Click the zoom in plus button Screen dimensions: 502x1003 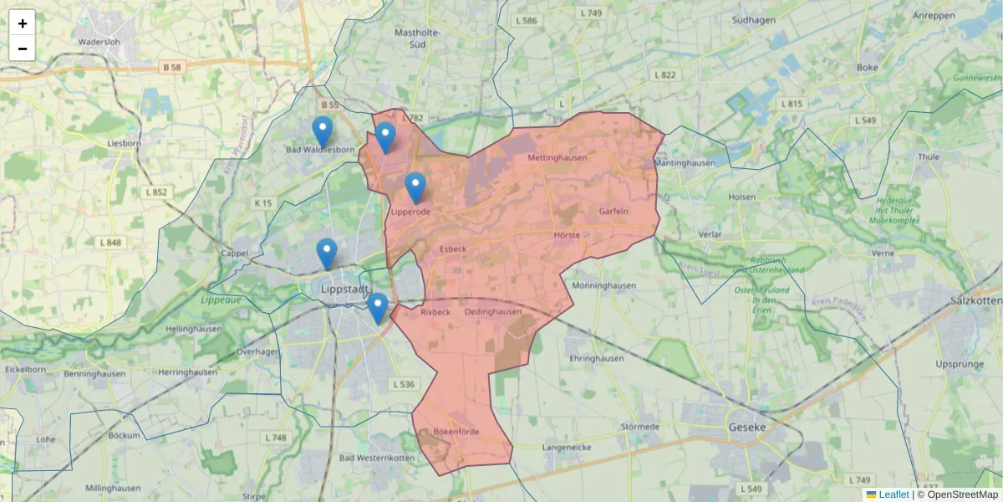[x=23, y=23]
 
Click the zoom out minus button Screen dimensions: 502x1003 [x=23, y=49]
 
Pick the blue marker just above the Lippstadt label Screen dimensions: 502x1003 [x=327, y=254]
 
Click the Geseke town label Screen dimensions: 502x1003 [x=747, y=427]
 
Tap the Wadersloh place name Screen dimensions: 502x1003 [x=100, y=41]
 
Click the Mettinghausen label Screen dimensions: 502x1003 [x=558, y=157]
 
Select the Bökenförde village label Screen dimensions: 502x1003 [x=456, y=432]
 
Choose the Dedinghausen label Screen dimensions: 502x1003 [x=493, y=312]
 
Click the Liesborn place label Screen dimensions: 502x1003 [x=125, y=143]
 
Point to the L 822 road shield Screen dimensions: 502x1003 [x=666, y=74]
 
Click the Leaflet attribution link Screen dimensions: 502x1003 [x=893, y=494]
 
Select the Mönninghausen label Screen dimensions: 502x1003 [x=603, y=285]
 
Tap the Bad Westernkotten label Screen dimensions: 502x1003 [x=376, y=458]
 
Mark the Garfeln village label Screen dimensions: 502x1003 [x=614, y=212]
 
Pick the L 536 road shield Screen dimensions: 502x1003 [x=403, y=385]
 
